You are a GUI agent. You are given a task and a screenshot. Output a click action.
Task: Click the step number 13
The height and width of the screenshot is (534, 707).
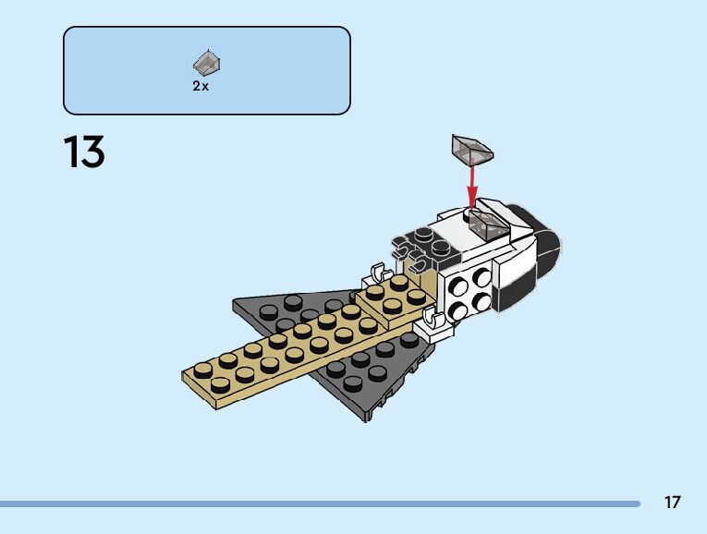point(84,152)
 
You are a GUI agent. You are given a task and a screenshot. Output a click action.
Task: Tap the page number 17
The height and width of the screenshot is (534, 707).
point(672,503)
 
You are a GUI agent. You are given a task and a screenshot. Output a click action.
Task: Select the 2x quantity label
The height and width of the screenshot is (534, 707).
point(201,86)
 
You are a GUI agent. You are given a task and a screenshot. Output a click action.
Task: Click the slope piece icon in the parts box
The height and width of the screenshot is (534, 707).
point(206,63)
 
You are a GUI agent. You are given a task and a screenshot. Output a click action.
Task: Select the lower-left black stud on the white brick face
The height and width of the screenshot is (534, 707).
point(458,310)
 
